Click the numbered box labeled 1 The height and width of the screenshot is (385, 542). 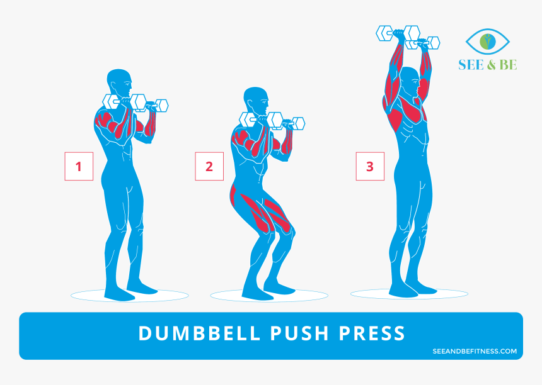pos(79,167)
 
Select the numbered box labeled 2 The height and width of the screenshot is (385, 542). pos(209,167)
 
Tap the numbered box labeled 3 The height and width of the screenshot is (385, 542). pos(370,167)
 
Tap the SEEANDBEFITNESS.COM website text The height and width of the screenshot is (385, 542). pos(475,351)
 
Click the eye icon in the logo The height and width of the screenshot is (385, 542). pos(487,42)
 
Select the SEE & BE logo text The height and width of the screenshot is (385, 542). pos(487,65)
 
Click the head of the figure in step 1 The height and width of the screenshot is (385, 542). pos(119,82)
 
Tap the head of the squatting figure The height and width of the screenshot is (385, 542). pos(255,100)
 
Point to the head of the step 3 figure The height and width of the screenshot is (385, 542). pos(409,80)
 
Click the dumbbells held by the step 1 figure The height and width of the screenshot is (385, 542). pos(135,103)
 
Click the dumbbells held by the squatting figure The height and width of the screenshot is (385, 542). pos(272,120)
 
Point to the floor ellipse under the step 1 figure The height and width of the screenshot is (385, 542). pos(129,295)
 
